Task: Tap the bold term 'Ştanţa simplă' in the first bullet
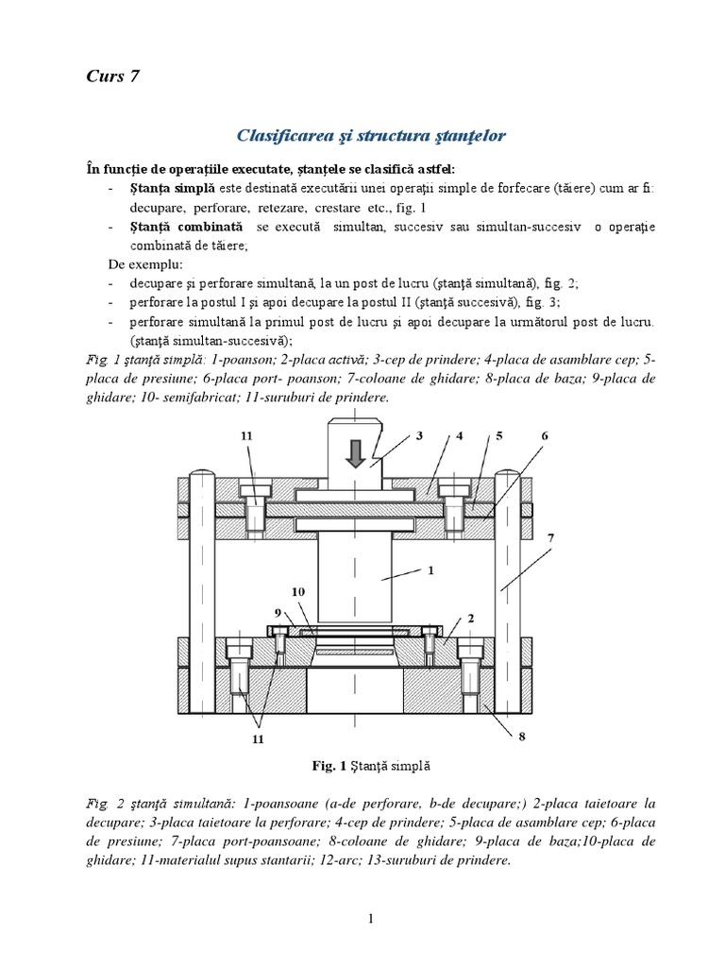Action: (x=164, y=188)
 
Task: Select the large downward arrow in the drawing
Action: (x=355, y=452)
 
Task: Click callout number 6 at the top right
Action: (x=545, y=435)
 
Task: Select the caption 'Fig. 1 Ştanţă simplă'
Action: (x=362, y=763)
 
